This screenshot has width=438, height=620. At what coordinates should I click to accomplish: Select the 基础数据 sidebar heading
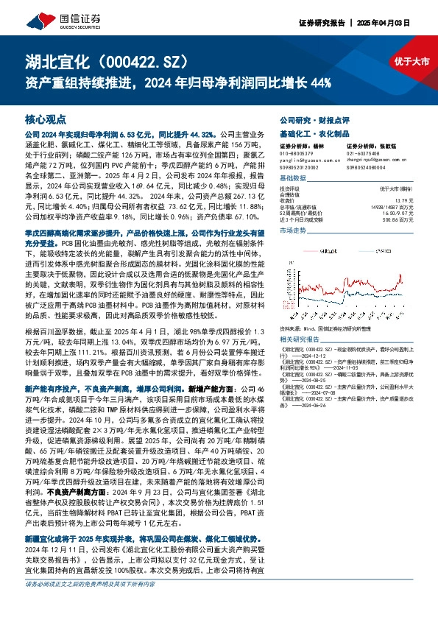(294, 179)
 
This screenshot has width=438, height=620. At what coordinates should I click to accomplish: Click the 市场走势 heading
(294, 230)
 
